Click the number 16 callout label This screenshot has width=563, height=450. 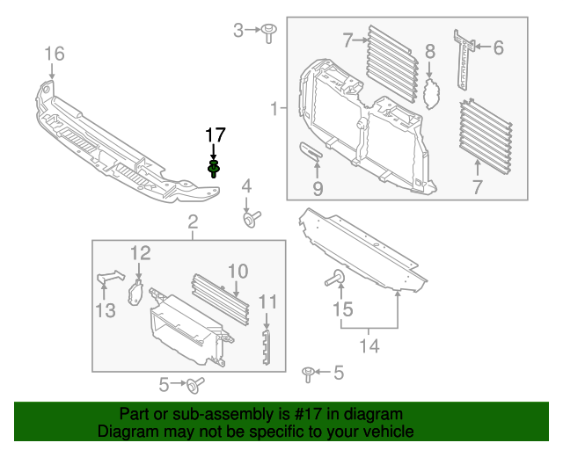55,54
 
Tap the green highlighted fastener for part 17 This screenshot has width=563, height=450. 214,167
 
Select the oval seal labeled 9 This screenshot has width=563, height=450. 311,153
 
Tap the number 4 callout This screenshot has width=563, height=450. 247,185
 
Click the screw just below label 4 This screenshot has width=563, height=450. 249,216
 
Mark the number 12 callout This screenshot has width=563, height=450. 142,254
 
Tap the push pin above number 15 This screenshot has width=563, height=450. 336,279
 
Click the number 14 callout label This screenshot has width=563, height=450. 369,346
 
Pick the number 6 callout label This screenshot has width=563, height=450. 498,47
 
